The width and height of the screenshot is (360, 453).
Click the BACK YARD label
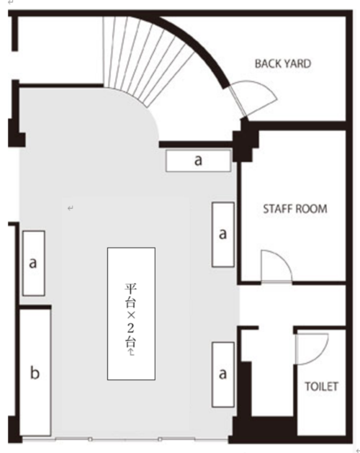point(283,63)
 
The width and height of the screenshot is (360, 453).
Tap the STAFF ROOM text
point(295,209)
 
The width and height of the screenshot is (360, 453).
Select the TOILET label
point(322,387)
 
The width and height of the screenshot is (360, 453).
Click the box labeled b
point(35,372)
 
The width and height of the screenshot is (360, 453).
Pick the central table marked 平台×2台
point(132,313)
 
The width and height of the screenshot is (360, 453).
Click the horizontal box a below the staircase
point(198,161)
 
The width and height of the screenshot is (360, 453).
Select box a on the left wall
point(34,263)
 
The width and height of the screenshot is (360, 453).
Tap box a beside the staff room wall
point(222,234)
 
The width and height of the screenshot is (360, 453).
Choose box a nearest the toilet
point(222,374)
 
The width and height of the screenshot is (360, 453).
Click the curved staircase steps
point(145,58)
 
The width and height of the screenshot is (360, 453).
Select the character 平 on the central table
point(130,288)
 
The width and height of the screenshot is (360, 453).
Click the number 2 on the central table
point(130,328)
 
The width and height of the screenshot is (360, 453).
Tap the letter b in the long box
point(35,372)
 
